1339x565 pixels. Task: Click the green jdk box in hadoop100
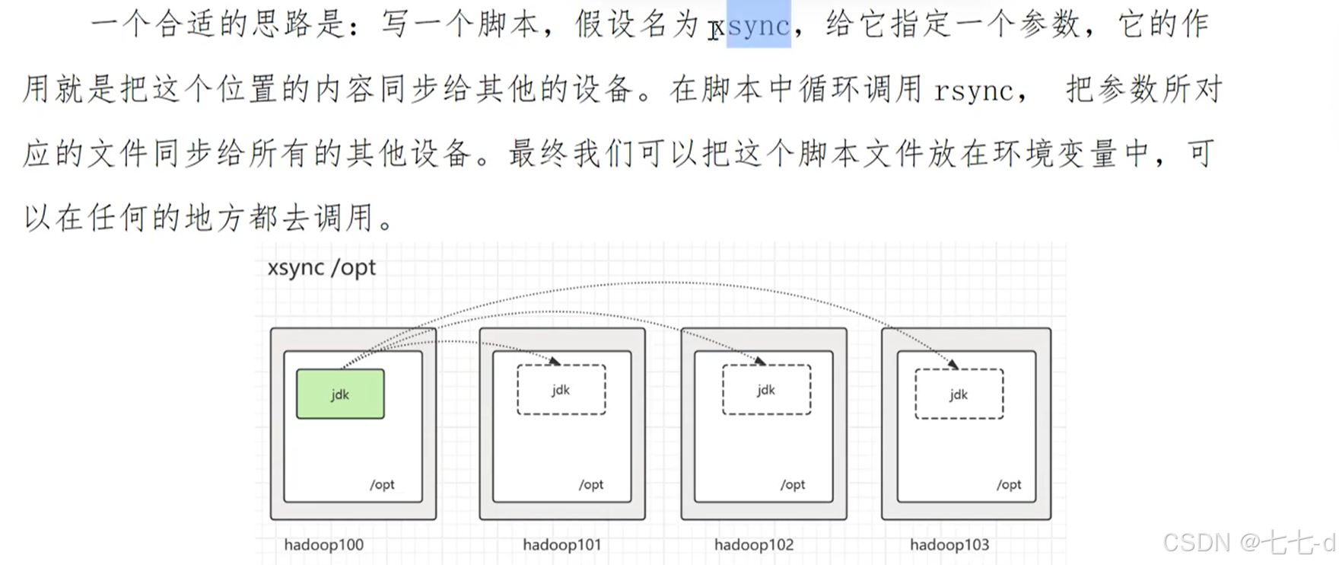click(340, 394)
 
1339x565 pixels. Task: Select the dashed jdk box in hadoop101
click(561, 390)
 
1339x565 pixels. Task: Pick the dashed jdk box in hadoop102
click(766, 390)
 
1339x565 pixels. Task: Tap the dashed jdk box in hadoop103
click(959, 394)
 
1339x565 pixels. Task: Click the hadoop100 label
click(323, 545)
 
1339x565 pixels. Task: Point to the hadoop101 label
click(561, 545)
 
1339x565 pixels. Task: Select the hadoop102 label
click(753, 545)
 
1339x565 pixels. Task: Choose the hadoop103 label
click(949, 545)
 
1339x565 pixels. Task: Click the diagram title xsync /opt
click(321, 268)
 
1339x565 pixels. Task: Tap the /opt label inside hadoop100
click(382, 485)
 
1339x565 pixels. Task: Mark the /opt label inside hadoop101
click(591, 485)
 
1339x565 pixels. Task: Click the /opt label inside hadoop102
click(793, 485)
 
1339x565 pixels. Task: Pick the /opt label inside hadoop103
click(1009, 485)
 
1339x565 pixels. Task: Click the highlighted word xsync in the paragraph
click(758, 26)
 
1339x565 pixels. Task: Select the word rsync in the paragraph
click(974, 91)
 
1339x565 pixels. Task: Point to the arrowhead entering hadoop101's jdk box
click(555, 361)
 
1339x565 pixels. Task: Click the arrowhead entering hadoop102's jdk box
click(761, 361)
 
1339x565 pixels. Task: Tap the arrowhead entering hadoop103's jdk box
click(953, 364)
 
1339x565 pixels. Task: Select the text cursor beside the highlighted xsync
click(715, 30)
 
